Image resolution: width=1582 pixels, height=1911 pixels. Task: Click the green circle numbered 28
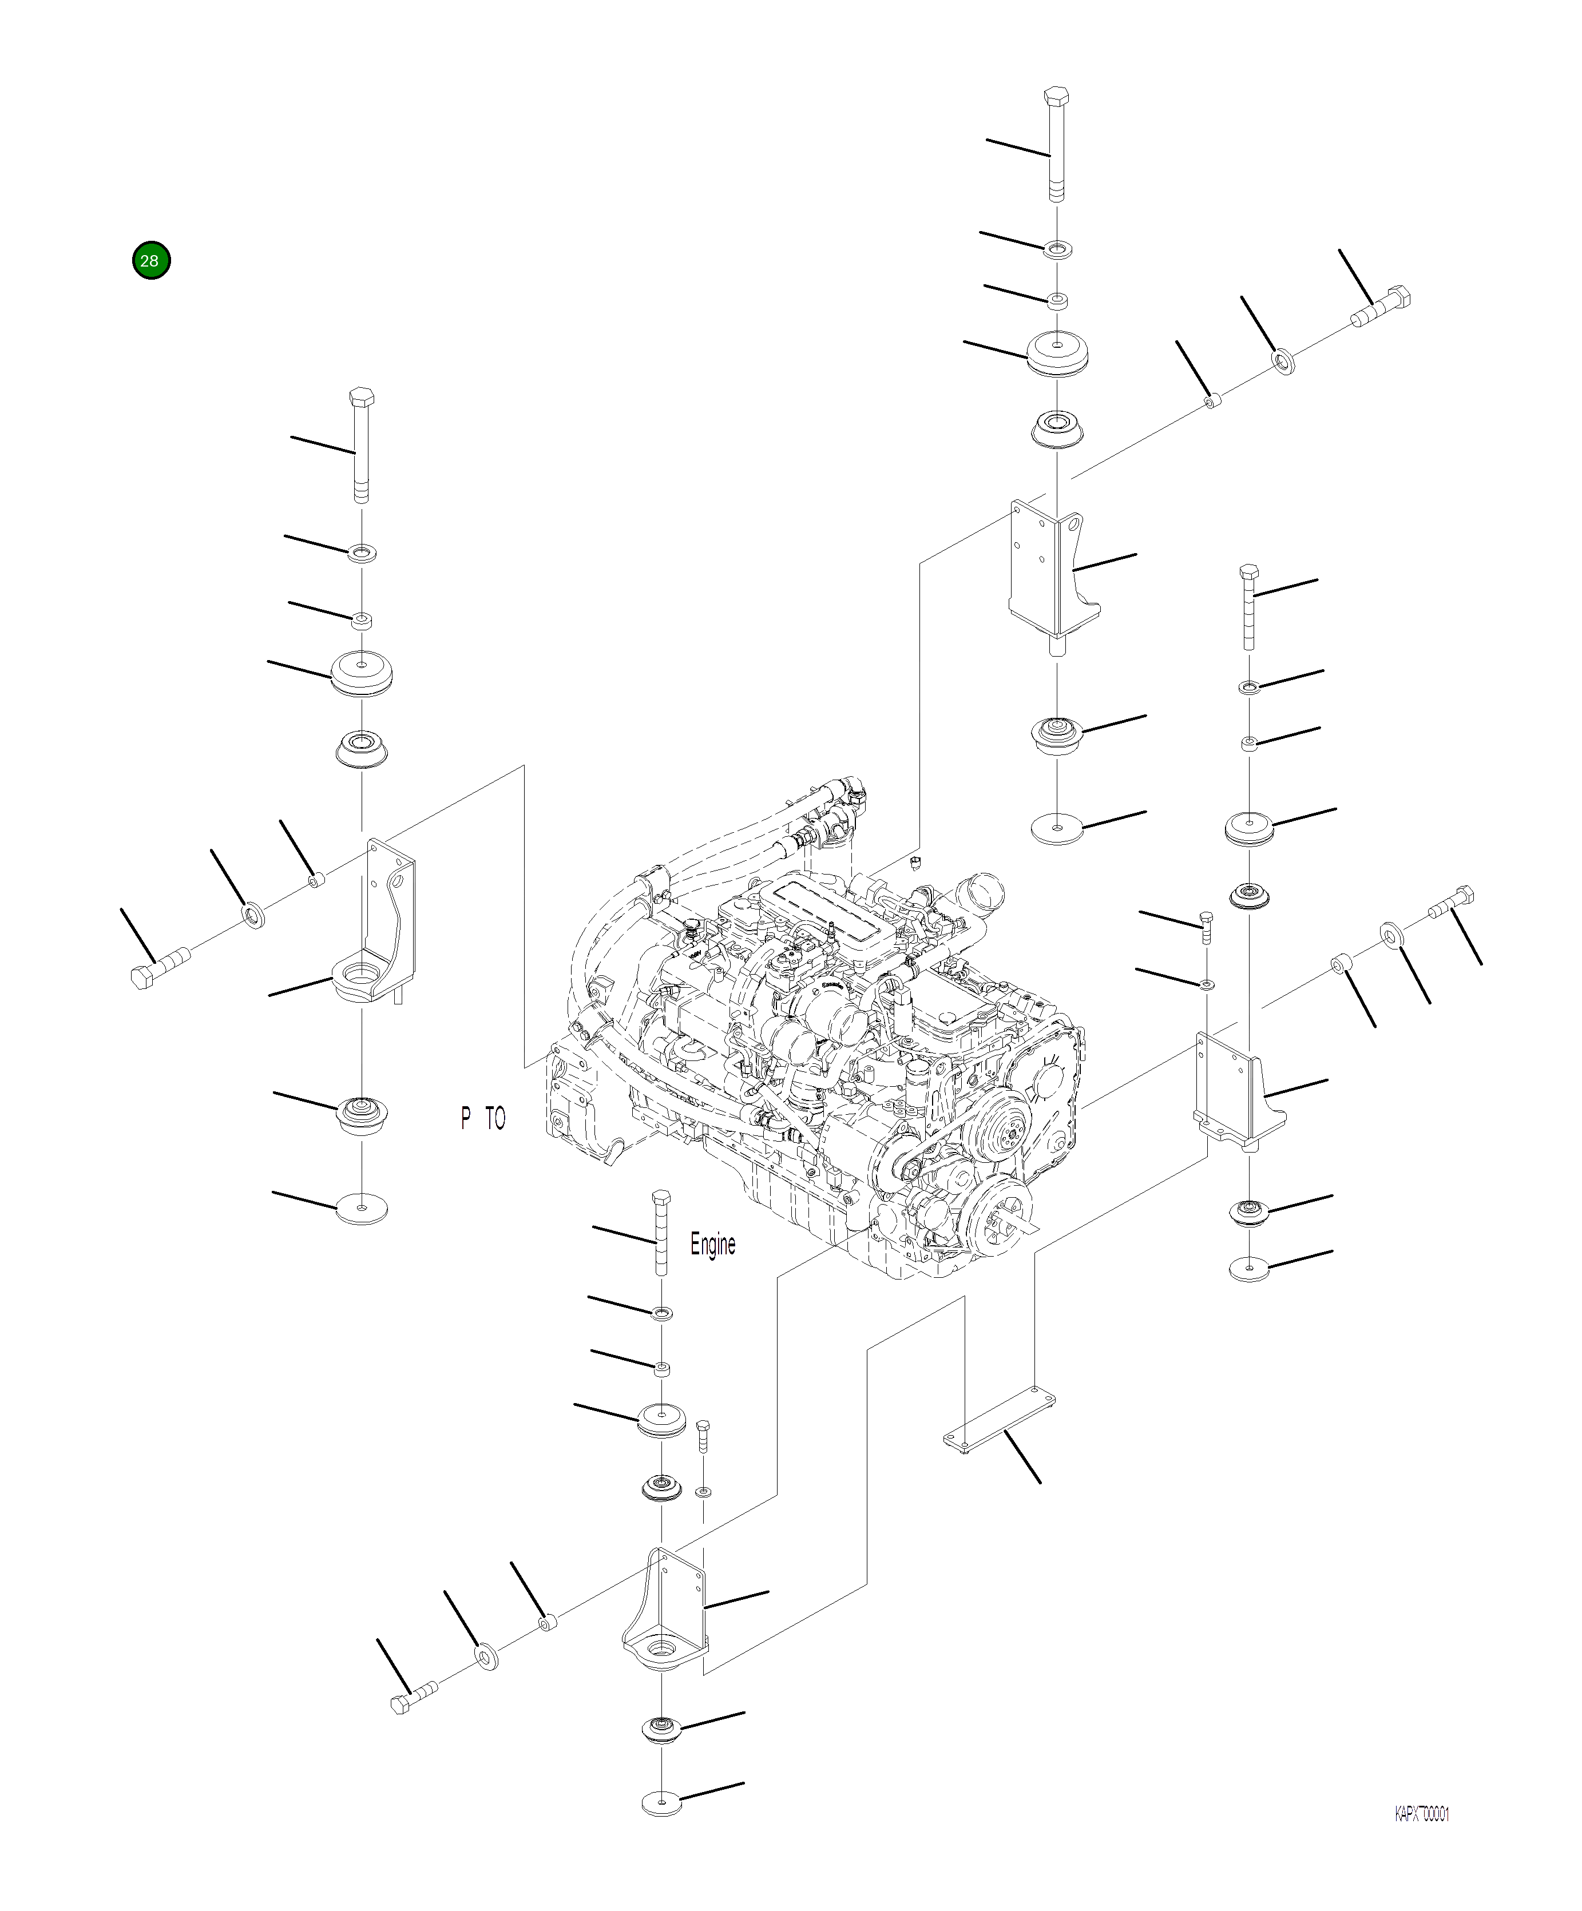150,260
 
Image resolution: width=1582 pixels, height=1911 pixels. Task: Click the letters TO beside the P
494,1118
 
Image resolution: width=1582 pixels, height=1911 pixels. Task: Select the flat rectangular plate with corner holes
998,1421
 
